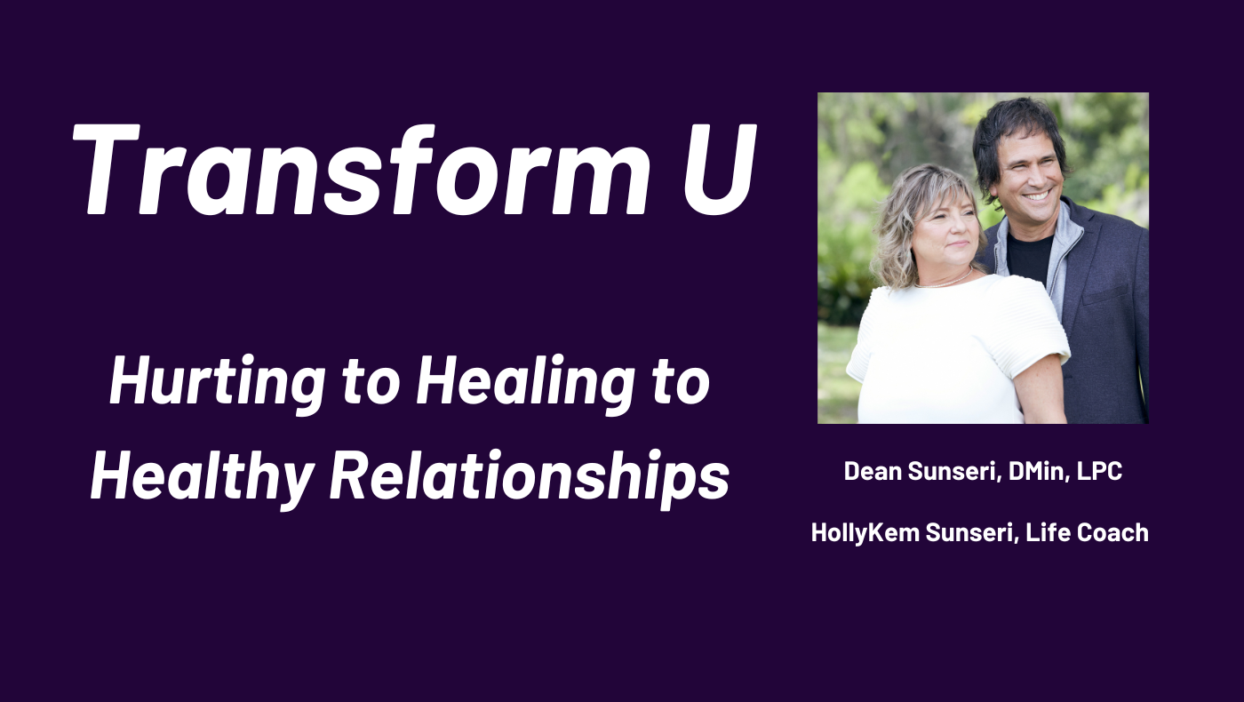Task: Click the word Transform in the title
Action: pos(361,169)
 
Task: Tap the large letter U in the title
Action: pos(720,169)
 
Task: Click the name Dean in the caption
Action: pos(873,471)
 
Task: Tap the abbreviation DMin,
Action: pos(1039,472)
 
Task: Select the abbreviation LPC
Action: pos(1099,471)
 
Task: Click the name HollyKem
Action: pos(865,533)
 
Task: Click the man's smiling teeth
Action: pos(1036,196)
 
